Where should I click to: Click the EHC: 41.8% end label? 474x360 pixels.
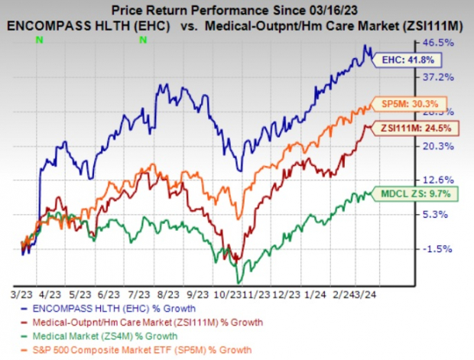(401, 58)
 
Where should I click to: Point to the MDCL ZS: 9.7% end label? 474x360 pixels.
(414, 194)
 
